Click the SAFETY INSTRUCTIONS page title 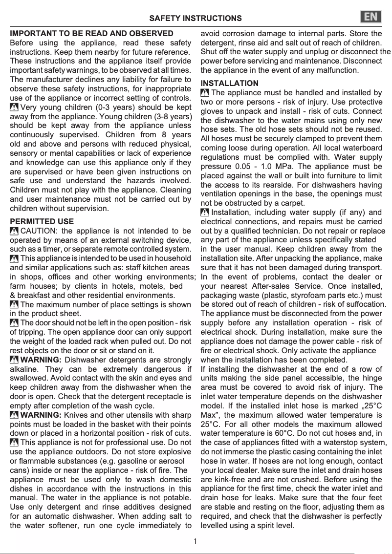[x=195, y=19]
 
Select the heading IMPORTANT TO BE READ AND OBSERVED [x=91, y=34]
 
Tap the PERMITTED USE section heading [x=42, y=221]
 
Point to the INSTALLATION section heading [x=230, y=83]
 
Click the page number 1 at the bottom [x=196, y=541]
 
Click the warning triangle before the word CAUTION [x=15, y=231]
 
